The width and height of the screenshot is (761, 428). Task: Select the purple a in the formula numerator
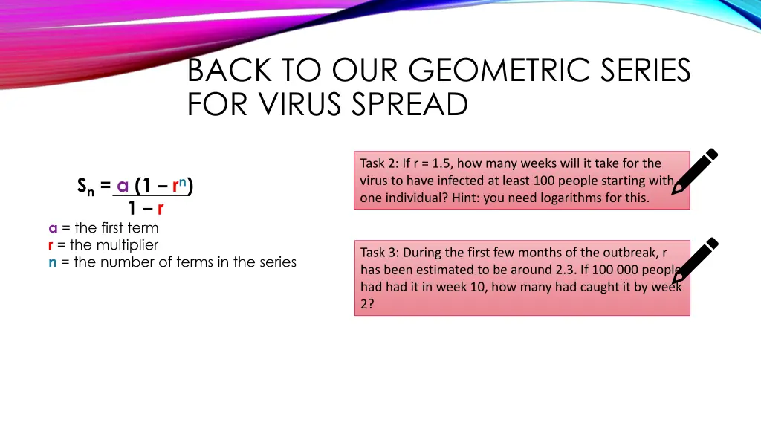(123, 186)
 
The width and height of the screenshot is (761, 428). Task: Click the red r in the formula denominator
(161, 209)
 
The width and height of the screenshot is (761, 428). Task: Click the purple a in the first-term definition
(53, 228)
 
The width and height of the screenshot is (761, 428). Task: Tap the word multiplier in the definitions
(127, 244)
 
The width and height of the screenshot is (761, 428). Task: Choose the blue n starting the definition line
(53, 262)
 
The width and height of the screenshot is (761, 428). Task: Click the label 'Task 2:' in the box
(380, 163)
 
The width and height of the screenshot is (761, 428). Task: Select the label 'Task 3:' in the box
(380, 253)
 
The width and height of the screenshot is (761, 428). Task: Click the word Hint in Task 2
(465, 198)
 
